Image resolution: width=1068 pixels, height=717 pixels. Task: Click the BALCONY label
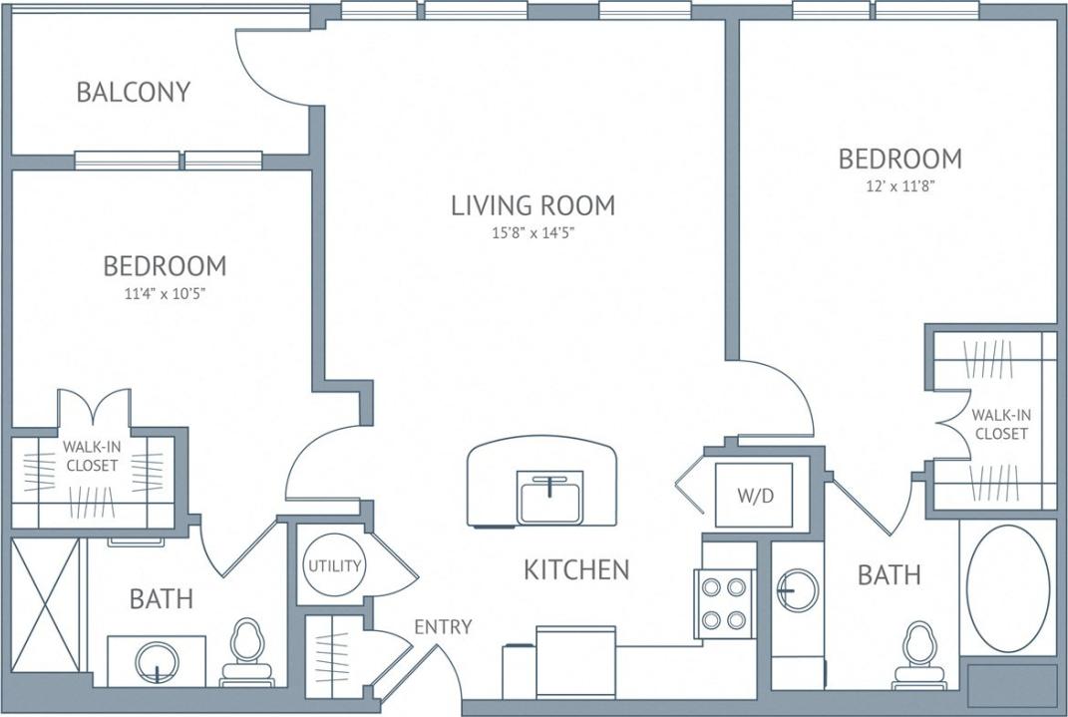click(x=133, y=93)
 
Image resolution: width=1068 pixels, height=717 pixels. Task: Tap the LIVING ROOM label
click(x=533, y=206)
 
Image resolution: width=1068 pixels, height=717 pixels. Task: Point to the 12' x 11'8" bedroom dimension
click(x=899, y=185)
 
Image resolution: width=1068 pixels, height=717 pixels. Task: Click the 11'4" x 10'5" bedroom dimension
click(x=164, y=293)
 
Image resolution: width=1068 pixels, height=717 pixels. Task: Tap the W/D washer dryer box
click(x=755, y=496)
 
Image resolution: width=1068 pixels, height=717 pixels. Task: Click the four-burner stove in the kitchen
click(x=725, y=605)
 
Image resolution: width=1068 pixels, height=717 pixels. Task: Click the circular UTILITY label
click(x=334, y=566)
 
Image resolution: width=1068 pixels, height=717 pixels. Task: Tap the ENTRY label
click(x=443, y=626)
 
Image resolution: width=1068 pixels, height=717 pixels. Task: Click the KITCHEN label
click(x=576, y=570)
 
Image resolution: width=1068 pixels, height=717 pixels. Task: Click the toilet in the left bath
click(x=245, y=653)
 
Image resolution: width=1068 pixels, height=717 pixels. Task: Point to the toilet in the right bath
click(x=917, y=655)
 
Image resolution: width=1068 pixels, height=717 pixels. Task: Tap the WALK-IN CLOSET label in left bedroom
click(x=91, y=457)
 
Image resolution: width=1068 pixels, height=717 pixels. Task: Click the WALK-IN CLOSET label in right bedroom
click(x=1000, y=425)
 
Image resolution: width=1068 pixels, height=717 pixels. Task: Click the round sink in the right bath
click(x=798, y=590)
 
